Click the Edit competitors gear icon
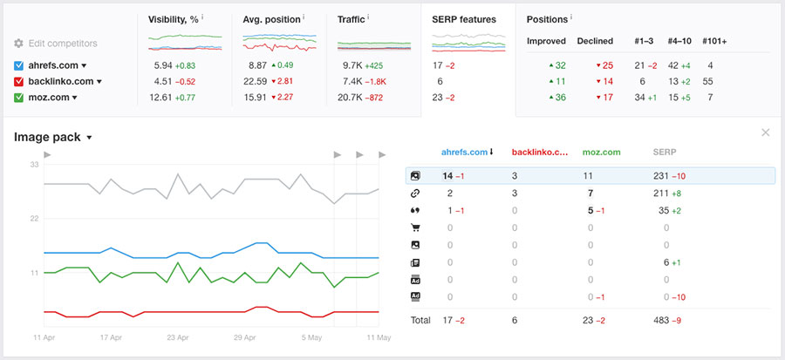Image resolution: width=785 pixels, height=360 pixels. tap(19, 43)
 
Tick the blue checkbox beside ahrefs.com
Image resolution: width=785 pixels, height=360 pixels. tap(19, 65)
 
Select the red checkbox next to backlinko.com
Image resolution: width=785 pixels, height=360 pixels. tap(19, 81)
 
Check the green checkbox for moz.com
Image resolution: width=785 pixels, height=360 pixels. tap(19, 97)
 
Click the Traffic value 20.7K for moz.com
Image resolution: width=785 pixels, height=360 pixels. tap(351, 97)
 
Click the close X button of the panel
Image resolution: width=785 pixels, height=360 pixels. tap(765, 132)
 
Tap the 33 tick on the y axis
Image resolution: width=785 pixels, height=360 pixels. tap(34, 165)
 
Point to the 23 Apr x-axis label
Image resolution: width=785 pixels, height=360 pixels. tap(177, 336)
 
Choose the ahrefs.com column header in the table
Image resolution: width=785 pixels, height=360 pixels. tap(466, 152)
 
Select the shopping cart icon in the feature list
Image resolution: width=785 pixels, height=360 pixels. tap(415, 228)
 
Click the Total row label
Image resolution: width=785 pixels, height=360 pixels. tap(420, 320)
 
